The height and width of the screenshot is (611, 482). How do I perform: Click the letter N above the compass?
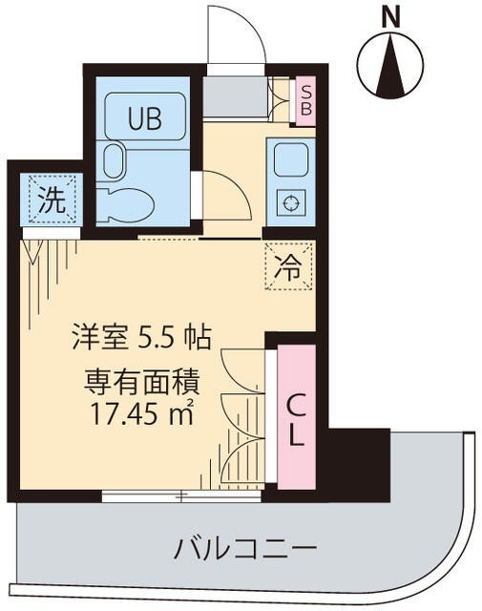point(389,17)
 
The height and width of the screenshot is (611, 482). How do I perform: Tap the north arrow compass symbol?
point(389,64)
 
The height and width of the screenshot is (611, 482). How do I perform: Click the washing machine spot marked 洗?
point(51,200)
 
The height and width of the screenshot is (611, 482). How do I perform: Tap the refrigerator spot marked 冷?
point(288,265)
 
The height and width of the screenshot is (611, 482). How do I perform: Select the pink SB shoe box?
point(305,98)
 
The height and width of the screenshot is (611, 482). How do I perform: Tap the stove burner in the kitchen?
point(288,202)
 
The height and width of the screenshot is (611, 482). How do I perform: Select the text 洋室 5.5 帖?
point(140,337)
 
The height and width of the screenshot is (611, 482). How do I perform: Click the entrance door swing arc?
point(237,33)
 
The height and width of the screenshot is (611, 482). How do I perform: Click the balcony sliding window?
point(181,495)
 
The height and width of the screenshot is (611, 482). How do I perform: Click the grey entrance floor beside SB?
point(237,97)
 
